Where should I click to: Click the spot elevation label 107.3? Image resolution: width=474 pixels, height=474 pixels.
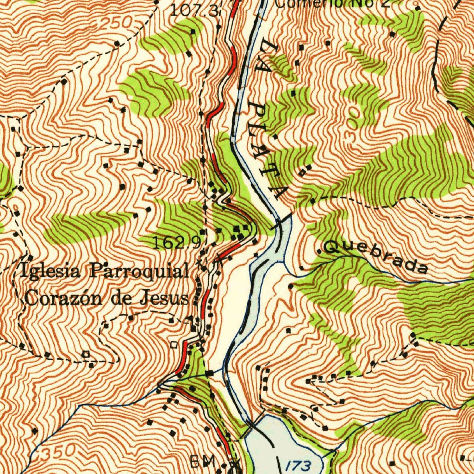194,10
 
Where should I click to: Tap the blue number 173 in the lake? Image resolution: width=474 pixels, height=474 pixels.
301,465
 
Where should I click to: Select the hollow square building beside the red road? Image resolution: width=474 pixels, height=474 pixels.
174,345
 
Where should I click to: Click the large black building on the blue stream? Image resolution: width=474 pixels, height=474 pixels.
210,373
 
